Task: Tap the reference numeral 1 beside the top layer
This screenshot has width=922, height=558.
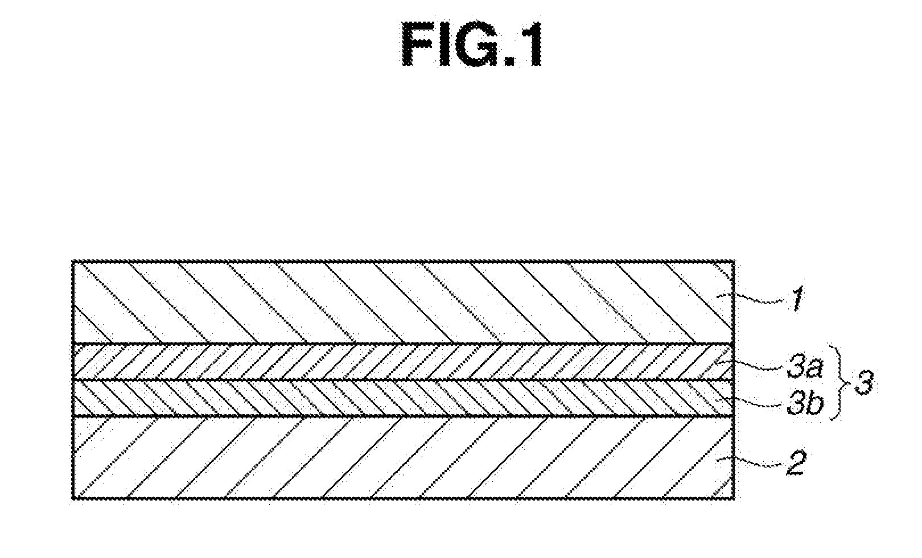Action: point(797,300)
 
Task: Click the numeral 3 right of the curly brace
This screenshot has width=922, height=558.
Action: point(861,386)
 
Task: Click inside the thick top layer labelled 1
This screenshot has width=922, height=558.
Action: point(398,301)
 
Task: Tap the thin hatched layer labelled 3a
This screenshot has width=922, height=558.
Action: point(398,362)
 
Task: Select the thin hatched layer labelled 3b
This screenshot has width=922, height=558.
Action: point(398,398)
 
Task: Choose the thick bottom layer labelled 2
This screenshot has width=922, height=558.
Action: point(398,458)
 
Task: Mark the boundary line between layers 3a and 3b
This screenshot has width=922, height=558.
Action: point(398,380)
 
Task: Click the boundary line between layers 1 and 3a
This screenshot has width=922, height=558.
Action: point(398,343)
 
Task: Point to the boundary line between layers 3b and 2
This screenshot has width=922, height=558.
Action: point(398,417)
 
